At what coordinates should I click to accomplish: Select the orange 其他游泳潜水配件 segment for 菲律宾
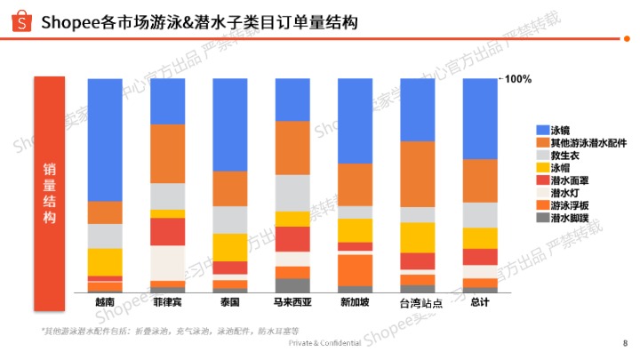(168, 154)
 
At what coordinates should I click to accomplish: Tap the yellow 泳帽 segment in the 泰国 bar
(230, 247)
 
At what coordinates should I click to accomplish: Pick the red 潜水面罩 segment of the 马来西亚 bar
(292, 239)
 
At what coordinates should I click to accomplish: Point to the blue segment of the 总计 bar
(481, 118)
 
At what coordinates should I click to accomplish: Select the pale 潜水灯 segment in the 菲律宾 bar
(168, 263)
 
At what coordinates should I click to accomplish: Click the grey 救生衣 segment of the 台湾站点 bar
(418, 215)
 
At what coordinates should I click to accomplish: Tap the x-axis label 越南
(105, 302)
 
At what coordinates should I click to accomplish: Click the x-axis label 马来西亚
(292, 302)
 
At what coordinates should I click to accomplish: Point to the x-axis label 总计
(481, 302)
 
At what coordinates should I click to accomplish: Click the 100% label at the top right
(518, 79)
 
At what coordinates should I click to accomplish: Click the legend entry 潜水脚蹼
(570, 217)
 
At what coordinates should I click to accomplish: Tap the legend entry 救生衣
(566, 155)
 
